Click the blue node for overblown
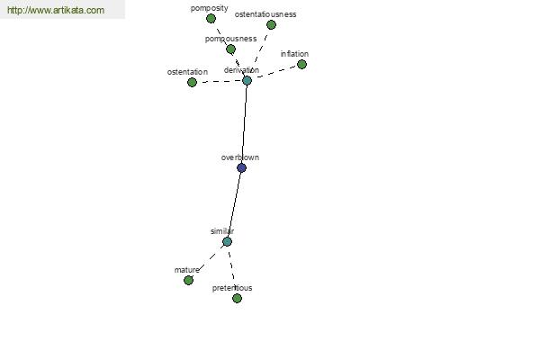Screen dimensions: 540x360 click(x=241, y=167)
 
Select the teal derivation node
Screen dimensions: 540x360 click(x=247, y=81)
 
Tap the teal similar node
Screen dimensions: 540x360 click(x=227, y=241)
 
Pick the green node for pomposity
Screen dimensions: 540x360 click(x=211, y=19)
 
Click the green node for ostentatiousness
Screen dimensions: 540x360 click(x=271, y=25)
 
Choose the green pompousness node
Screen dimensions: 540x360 click(x=230, y=49)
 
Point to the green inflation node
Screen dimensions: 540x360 click(x=301, y=65)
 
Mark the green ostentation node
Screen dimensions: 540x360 click(x=192, y=82)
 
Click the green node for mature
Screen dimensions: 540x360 click(x=188, y=281)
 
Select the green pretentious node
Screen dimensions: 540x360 click(x=237, y=298)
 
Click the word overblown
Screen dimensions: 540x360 click(x=240, y=157)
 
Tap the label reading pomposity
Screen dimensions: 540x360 click(x=210, y=8)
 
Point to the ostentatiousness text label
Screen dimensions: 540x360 click(x=265, y=14)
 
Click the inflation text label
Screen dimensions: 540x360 click(x=294, y=54)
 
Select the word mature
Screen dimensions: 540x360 click(x=186, y=270)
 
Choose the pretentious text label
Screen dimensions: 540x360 click(x=232, y=288)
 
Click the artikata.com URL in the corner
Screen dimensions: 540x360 click(x=56, y=10)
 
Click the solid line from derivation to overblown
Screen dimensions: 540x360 click(x=244, y=124)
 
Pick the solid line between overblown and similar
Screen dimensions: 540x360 click(x=234, y=204)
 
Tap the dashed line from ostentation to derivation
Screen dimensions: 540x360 click(x=220, y=82)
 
